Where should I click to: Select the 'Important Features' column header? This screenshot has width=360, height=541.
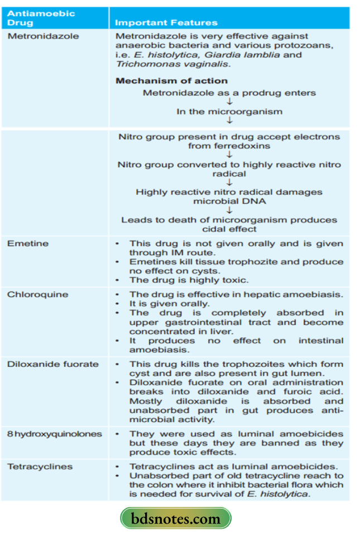(x=166, y=23)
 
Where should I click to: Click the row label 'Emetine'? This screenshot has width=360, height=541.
(x=28, y=243)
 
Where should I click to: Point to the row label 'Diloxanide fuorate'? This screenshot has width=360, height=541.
(x=52, y=364)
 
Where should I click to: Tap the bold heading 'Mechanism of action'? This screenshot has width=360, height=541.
(x=171, y=81)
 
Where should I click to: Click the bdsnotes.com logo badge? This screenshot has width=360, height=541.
(x=176, y=519)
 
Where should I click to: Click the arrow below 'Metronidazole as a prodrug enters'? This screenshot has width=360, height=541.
(x=229, y=102)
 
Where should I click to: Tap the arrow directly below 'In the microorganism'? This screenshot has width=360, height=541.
(x=229, y=121)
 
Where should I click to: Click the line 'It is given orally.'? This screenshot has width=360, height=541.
(x=170, y=304)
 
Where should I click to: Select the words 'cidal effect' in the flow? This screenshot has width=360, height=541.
(x=229, y=229)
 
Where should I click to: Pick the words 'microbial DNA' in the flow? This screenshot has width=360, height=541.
(x=229, y=201)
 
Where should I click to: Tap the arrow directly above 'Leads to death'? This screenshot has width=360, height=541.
(x=229, y=210)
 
